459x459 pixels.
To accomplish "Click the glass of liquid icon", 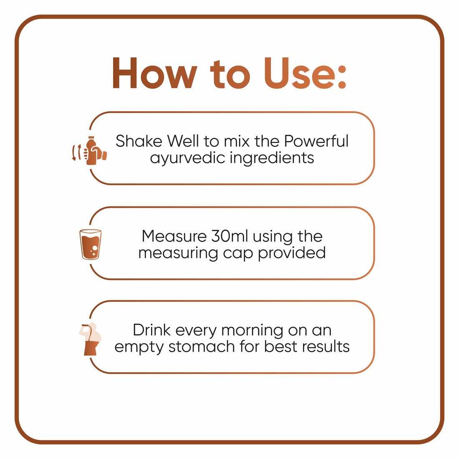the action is pos(91,245).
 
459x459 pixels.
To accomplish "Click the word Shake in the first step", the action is pos(139,141).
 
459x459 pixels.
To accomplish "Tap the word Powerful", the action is pos(316,141).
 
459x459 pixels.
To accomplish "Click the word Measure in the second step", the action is pos(174,236).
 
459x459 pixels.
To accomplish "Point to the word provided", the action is pos(292,252).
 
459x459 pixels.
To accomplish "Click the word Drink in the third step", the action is pos(151,330).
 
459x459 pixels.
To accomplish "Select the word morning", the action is pos(252,331).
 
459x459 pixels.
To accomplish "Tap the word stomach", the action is pos(202,347).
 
